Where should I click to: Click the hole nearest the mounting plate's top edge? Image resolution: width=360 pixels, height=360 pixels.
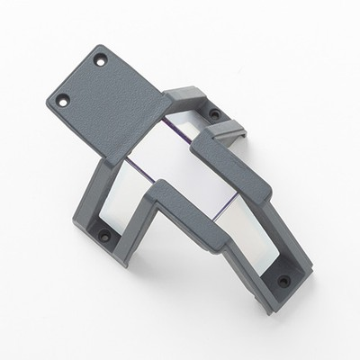pos(101,59)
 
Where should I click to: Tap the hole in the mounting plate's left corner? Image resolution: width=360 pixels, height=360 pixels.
pos(63,100)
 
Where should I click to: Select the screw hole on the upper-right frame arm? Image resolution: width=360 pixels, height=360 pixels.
pos(214,113)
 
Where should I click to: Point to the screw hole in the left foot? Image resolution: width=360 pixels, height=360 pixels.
pos(103,237)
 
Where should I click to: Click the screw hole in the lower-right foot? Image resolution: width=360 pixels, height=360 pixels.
pos(284,281)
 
